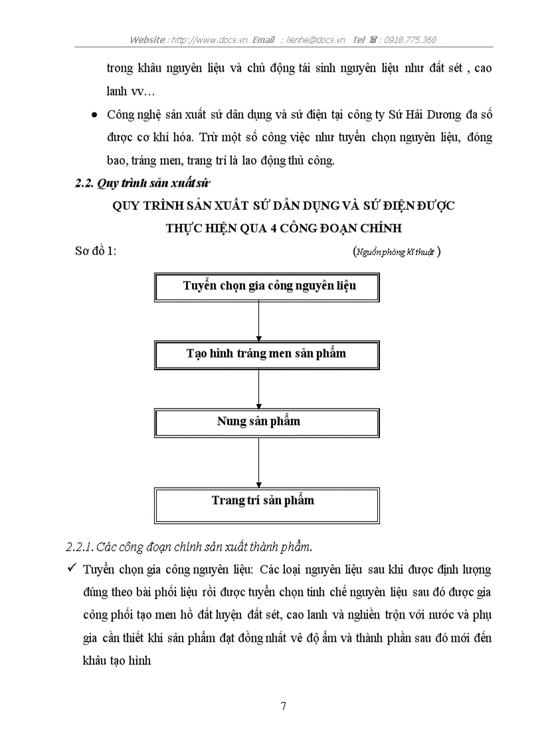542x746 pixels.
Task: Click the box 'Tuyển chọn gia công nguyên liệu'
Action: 266,286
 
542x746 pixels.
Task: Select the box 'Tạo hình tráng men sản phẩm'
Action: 266,354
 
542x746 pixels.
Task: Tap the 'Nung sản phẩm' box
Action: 266,422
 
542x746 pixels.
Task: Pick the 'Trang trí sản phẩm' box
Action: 266,500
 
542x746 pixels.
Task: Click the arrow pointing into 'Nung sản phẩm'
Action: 258,389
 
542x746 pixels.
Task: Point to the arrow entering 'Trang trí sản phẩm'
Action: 258,462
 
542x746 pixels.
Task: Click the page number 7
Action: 284,705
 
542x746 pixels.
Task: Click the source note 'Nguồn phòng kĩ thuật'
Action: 397,252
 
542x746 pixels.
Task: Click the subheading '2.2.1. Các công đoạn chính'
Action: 189,547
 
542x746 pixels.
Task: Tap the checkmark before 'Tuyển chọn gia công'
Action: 70,570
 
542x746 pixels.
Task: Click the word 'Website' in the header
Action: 147,40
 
